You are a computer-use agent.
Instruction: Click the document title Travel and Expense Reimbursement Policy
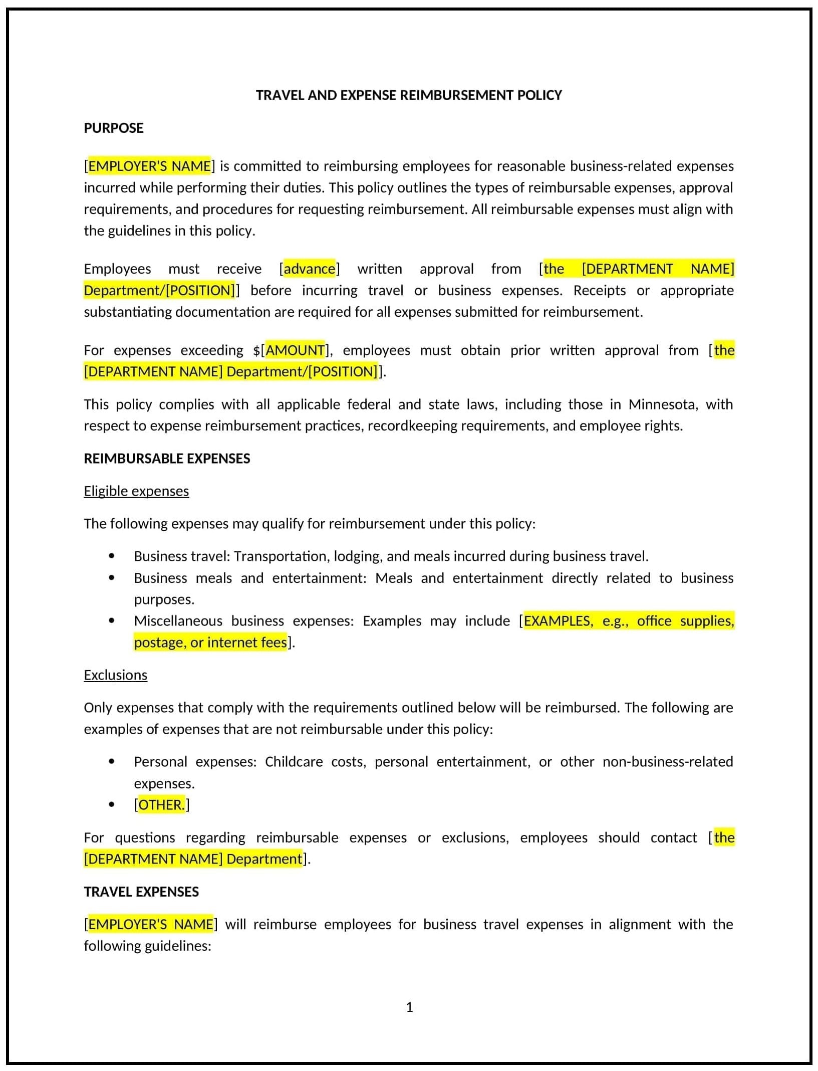409,95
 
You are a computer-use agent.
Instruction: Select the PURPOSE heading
114,128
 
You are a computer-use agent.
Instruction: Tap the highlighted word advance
310,269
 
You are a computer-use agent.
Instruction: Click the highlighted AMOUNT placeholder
295,350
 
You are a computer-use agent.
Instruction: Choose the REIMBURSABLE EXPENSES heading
167,459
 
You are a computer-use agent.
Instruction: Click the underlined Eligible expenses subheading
136,491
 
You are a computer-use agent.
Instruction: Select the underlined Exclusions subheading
116,675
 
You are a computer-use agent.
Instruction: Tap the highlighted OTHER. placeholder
161,805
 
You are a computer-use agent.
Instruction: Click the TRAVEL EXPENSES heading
141,892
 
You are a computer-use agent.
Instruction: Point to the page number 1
409,1007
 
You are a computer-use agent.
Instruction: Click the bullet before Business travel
111,556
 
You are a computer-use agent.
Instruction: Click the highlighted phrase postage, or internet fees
210,642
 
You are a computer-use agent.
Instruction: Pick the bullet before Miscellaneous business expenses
111,620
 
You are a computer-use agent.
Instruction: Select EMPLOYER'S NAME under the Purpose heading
149,166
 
